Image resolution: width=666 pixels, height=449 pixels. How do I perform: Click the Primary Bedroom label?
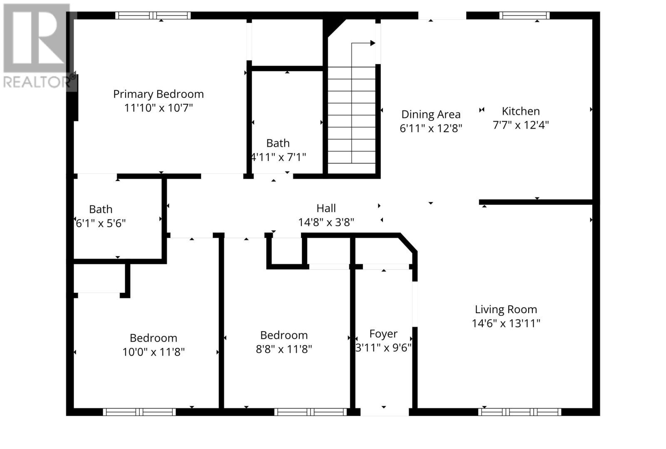pos(158,94)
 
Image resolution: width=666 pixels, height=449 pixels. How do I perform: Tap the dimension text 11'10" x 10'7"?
pos(158,108)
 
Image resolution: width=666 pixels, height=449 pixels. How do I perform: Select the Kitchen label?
pos(521,111)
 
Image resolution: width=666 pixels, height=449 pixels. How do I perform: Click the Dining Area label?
pos(431,114)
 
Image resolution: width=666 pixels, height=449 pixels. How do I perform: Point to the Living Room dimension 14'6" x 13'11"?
pos(506,323)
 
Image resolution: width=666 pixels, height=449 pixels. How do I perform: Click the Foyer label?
pos(383,334)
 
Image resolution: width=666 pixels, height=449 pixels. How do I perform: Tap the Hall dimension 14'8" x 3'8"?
pos(326,222)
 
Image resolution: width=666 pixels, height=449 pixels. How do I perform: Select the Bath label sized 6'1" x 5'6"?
pos(101,209)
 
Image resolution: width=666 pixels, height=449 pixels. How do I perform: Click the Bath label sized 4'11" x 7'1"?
pos(278,143)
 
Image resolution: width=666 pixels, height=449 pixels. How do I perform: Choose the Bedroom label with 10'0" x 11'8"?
pos(153,338)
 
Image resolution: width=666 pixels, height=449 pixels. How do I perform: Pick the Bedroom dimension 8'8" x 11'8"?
pos(284,349)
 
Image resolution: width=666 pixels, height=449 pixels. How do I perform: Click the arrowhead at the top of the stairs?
pos(373,43)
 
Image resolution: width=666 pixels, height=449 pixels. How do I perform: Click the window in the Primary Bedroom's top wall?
pos(153,16)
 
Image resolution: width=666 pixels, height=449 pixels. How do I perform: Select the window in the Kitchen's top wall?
pos(524,16)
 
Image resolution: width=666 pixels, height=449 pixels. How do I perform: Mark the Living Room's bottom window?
pos(519,412)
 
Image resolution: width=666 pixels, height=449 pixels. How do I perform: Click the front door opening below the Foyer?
pos(384,412)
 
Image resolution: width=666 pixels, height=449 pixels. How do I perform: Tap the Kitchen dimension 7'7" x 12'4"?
pos(521,125)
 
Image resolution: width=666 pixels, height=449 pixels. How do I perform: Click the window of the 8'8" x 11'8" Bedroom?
pos(311,412)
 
